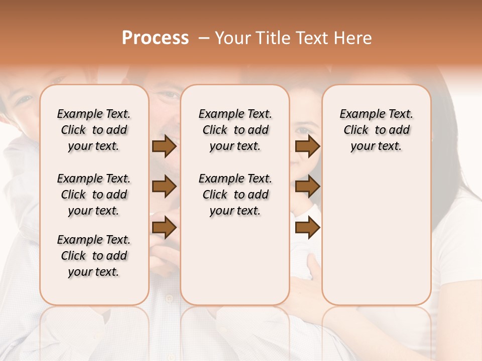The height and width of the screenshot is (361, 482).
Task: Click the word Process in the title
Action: point(155,38)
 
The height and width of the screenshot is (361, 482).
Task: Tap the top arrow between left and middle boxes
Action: point(164,146)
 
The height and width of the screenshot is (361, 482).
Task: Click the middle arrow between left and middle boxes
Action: point(164,187)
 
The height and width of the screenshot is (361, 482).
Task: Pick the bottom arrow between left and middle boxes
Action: point(164,228)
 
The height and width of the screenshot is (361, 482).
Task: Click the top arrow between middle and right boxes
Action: point(307,146)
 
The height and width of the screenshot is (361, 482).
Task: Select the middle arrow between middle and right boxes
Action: point(307,187)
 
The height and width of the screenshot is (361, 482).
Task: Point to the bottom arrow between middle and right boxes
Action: point(307,228)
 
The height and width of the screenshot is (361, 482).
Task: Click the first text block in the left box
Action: point(94,130)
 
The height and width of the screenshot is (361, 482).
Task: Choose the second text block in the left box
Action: point(94,195)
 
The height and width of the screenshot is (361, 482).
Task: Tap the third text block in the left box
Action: point(94,256)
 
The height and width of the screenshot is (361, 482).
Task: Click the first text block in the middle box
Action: point(235,130)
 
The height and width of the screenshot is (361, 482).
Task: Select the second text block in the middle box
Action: point(235,195)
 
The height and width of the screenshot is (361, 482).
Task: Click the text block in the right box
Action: point(376,130)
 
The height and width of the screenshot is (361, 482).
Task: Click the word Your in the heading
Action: point(233,38)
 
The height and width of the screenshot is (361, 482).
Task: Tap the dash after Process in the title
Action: point(204,38)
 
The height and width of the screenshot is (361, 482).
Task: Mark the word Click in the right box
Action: point(356,130)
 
